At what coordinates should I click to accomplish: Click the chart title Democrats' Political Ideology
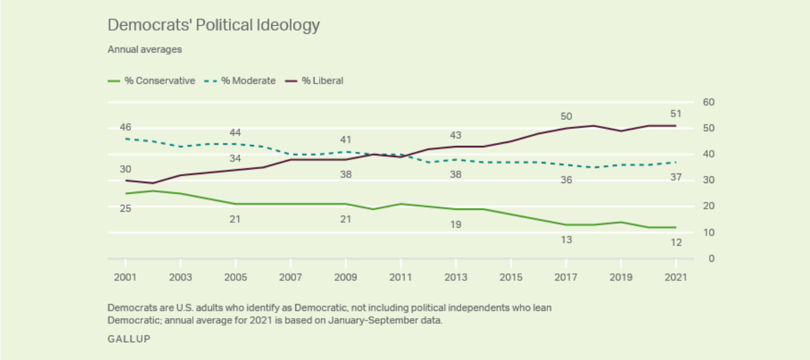point(214,26)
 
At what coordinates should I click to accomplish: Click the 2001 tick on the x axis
point(125,277)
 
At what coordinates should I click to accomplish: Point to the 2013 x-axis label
point(456,277)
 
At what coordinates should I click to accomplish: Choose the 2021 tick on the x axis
point(676,277)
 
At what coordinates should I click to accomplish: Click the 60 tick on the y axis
point(709,102)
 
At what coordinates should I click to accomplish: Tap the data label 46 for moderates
point(125,128)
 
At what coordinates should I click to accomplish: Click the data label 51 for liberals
point(676,114)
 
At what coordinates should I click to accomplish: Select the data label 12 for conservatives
point(676,243)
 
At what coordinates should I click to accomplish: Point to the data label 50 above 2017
point(566,116)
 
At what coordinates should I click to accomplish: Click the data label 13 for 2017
point(566,240)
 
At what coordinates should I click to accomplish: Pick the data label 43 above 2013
point(456,136)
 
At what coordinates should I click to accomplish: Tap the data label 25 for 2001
point(125,209)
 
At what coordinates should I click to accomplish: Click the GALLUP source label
point(129,339)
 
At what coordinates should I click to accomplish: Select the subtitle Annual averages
point(144,50)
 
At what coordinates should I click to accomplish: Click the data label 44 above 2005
point(235,133)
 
